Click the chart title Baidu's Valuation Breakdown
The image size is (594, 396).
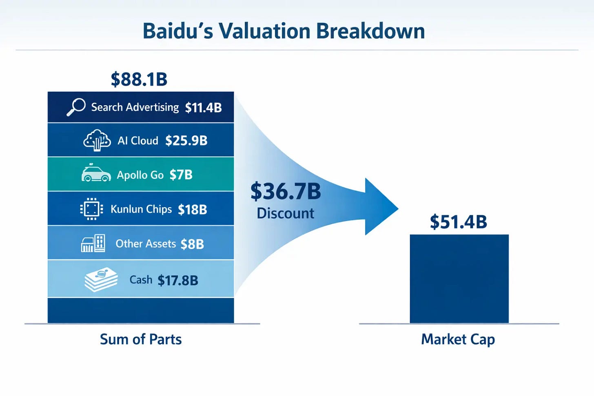pyautogui.click(x=284, y=31)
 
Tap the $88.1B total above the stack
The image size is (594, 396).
pyautogui.click(x=139, y=79)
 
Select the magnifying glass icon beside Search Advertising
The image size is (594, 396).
pyautogui.click(x=76, y=107)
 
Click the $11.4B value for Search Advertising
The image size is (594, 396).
pyautogui.click(x=203, y=108)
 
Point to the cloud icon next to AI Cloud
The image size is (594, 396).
pyautogui.click(x=97, y=140)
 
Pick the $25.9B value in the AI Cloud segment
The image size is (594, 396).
pyautogui.click(x=186, y=141)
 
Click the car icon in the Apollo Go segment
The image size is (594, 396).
pyautogui.click(x=96, y=173)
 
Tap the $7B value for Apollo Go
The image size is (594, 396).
pyautogui.click(x=181, y=175)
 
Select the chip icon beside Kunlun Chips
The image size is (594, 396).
pyautogui.click(x=91, y=209)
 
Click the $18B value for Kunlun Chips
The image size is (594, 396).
pyautogui.click(x=192, y=210)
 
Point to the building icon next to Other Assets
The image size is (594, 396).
pyautogui.click(x=93, y=243)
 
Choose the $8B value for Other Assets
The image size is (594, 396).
pyautogui.click(x=192, y=244)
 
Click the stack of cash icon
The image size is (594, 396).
pyautogui.click(x=101, y=280)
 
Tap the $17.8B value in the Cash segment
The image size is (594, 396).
pyautogui.click(x=177, y=281)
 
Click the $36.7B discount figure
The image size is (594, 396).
pyautogui.click(x=286, y=191)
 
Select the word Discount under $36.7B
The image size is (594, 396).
pyautogui.click(x=285, y=213)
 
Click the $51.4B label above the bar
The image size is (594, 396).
pyautogui.click(x=458, y=222)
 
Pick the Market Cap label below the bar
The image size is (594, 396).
pyautogui.click(x=458, y=339)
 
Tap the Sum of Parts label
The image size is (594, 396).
pyautogui.click(x=141, y=339)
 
